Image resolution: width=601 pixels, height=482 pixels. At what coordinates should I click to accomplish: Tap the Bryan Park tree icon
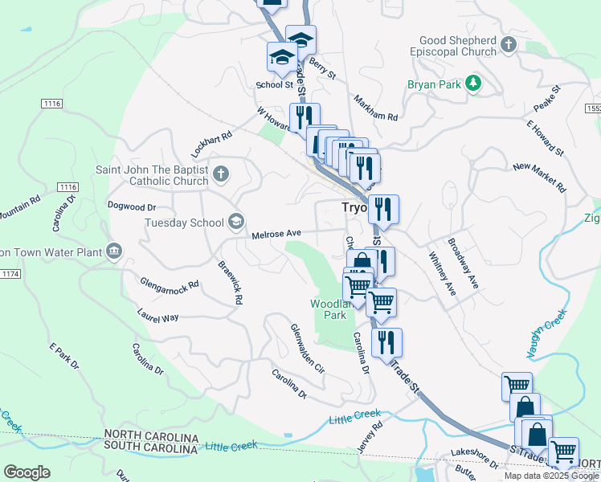pyautogui.click(x=474, y=82)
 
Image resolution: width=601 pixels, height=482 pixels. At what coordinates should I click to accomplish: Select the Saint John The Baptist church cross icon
pyautogui.click(x=222, y=173)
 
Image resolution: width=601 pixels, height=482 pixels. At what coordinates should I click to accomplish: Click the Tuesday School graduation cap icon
pyautogui.click(x=236, y=220)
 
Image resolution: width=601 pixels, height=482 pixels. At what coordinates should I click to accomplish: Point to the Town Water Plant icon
pyautogui.click(x=114, y=252)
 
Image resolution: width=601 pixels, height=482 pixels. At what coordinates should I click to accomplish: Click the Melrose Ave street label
pyautogui.click(x=276, y=234)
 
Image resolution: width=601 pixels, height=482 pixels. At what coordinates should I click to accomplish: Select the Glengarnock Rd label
pyautogui.click(x=169, y=286)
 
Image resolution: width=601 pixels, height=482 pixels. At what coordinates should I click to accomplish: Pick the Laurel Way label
pyautogui.click(x=157, y=317)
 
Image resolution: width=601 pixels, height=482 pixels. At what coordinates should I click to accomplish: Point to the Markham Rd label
pyautogui.click(x=376, y=107)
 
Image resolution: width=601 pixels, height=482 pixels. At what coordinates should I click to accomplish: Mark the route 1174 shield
pyautogui.click(x=11, y=275)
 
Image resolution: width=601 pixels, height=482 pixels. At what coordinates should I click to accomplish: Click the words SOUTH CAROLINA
pyautogui.click(x=151, y=447)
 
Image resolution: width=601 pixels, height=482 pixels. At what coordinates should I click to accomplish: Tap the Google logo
pyautogui.click(x=27, y=472)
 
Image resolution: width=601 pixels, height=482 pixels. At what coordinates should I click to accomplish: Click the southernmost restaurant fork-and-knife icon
pyautogui.click(x=386, y=342)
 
